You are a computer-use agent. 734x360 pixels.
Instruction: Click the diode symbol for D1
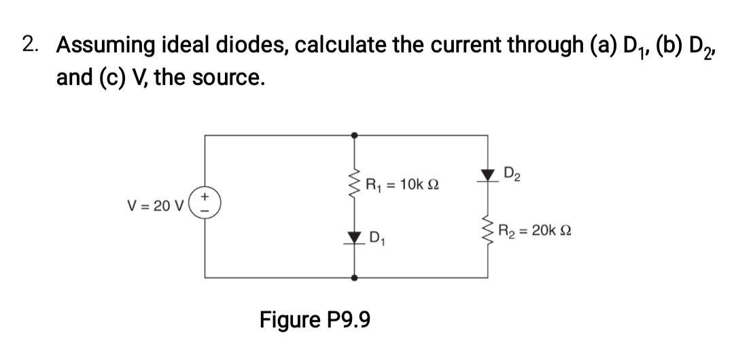coord(353,237)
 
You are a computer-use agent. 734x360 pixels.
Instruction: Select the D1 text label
coord(378,238)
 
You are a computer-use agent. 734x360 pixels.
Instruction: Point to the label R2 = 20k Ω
coord(535,231)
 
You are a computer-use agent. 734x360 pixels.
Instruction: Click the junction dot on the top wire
coord(353,135)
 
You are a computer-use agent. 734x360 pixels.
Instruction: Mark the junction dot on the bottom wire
coord(353,278)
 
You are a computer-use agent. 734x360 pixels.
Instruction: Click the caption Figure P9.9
coord(315,319)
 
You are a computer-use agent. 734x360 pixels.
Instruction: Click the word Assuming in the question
coord(106,46)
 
